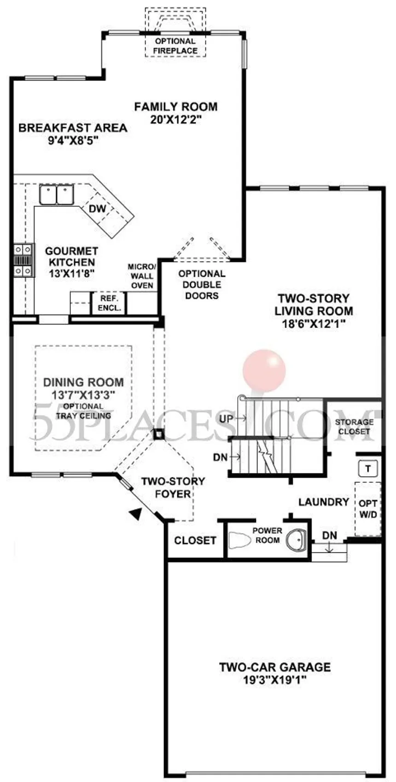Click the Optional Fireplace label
pyautogui.click(x=175, y=46)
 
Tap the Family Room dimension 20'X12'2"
pyautogui.click(x=176, y=120)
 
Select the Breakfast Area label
pyautogui.click(x=73, y=128)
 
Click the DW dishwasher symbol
pyautogui.click(x=97, y=208)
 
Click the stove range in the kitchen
pyautogui.click(x=23, y=260)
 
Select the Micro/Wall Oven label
pyautogui.click(x=142, y=276)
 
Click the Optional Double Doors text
pyautogui.click(x=202, y=284)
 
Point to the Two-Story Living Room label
pyautogui.click(x=314, y=305)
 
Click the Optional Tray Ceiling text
pyautogui.click(x=83, y=411)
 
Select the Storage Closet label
pyautogui.click(x=354, y=426)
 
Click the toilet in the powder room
pyautogui.click(x=239, y=540)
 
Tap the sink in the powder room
pyautogui.click(x=296, y=539)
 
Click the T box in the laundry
pyautogui.click(x=367, y=469)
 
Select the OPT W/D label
pyautogui.click(x=367, y=509)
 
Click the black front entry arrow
pyautogui.click(x=134, y=514)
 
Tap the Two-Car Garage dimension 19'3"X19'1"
pyautogui.click(x=275, y=680)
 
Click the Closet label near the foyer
pyautogui.click(x=195, y=540)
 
